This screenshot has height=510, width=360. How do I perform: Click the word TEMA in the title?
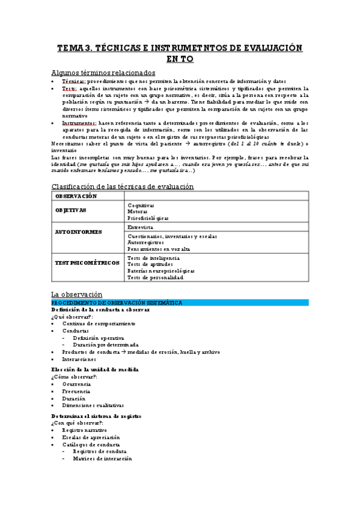(70, 48)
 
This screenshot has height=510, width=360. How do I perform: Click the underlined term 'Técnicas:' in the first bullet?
(74, 81)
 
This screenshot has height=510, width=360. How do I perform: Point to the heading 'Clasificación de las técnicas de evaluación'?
(123, 186)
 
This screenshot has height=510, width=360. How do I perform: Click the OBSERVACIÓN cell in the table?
(76, 197)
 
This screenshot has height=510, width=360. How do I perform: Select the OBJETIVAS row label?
(71, 210)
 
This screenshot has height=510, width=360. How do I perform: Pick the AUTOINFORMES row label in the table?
(79, 232)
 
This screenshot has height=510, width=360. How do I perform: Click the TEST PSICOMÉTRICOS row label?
(87, 263)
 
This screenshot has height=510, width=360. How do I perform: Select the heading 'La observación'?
(77, 293)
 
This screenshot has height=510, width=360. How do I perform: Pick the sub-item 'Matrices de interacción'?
(102, 459)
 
